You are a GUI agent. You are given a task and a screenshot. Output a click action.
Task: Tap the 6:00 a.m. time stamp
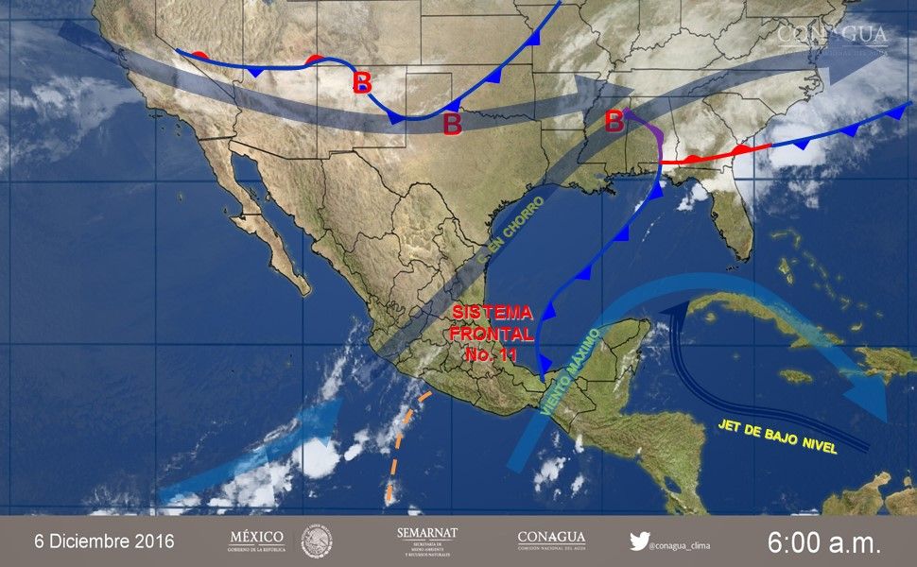click(x=823, y=542)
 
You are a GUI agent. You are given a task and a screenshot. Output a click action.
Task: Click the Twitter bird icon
click(x=639, y=541)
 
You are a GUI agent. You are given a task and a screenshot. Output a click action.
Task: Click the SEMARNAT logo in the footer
click(x=427, y=541)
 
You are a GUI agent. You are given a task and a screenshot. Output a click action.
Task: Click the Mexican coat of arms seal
click(x=317, y=541)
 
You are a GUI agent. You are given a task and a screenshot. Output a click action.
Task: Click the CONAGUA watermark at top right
click(x=832, y=36)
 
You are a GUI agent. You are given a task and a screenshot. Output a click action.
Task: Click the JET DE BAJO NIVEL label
click(x=778, y=437)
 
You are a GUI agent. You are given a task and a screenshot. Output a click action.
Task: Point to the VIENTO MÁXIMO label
click(x=571, y=370)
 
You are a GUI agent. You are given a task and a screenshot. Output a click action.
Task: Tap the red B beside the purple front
click(x=614, y=121)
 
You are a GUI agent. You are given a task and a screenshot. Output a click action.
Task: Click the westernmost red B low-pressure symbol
click(x=362, y=82)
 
